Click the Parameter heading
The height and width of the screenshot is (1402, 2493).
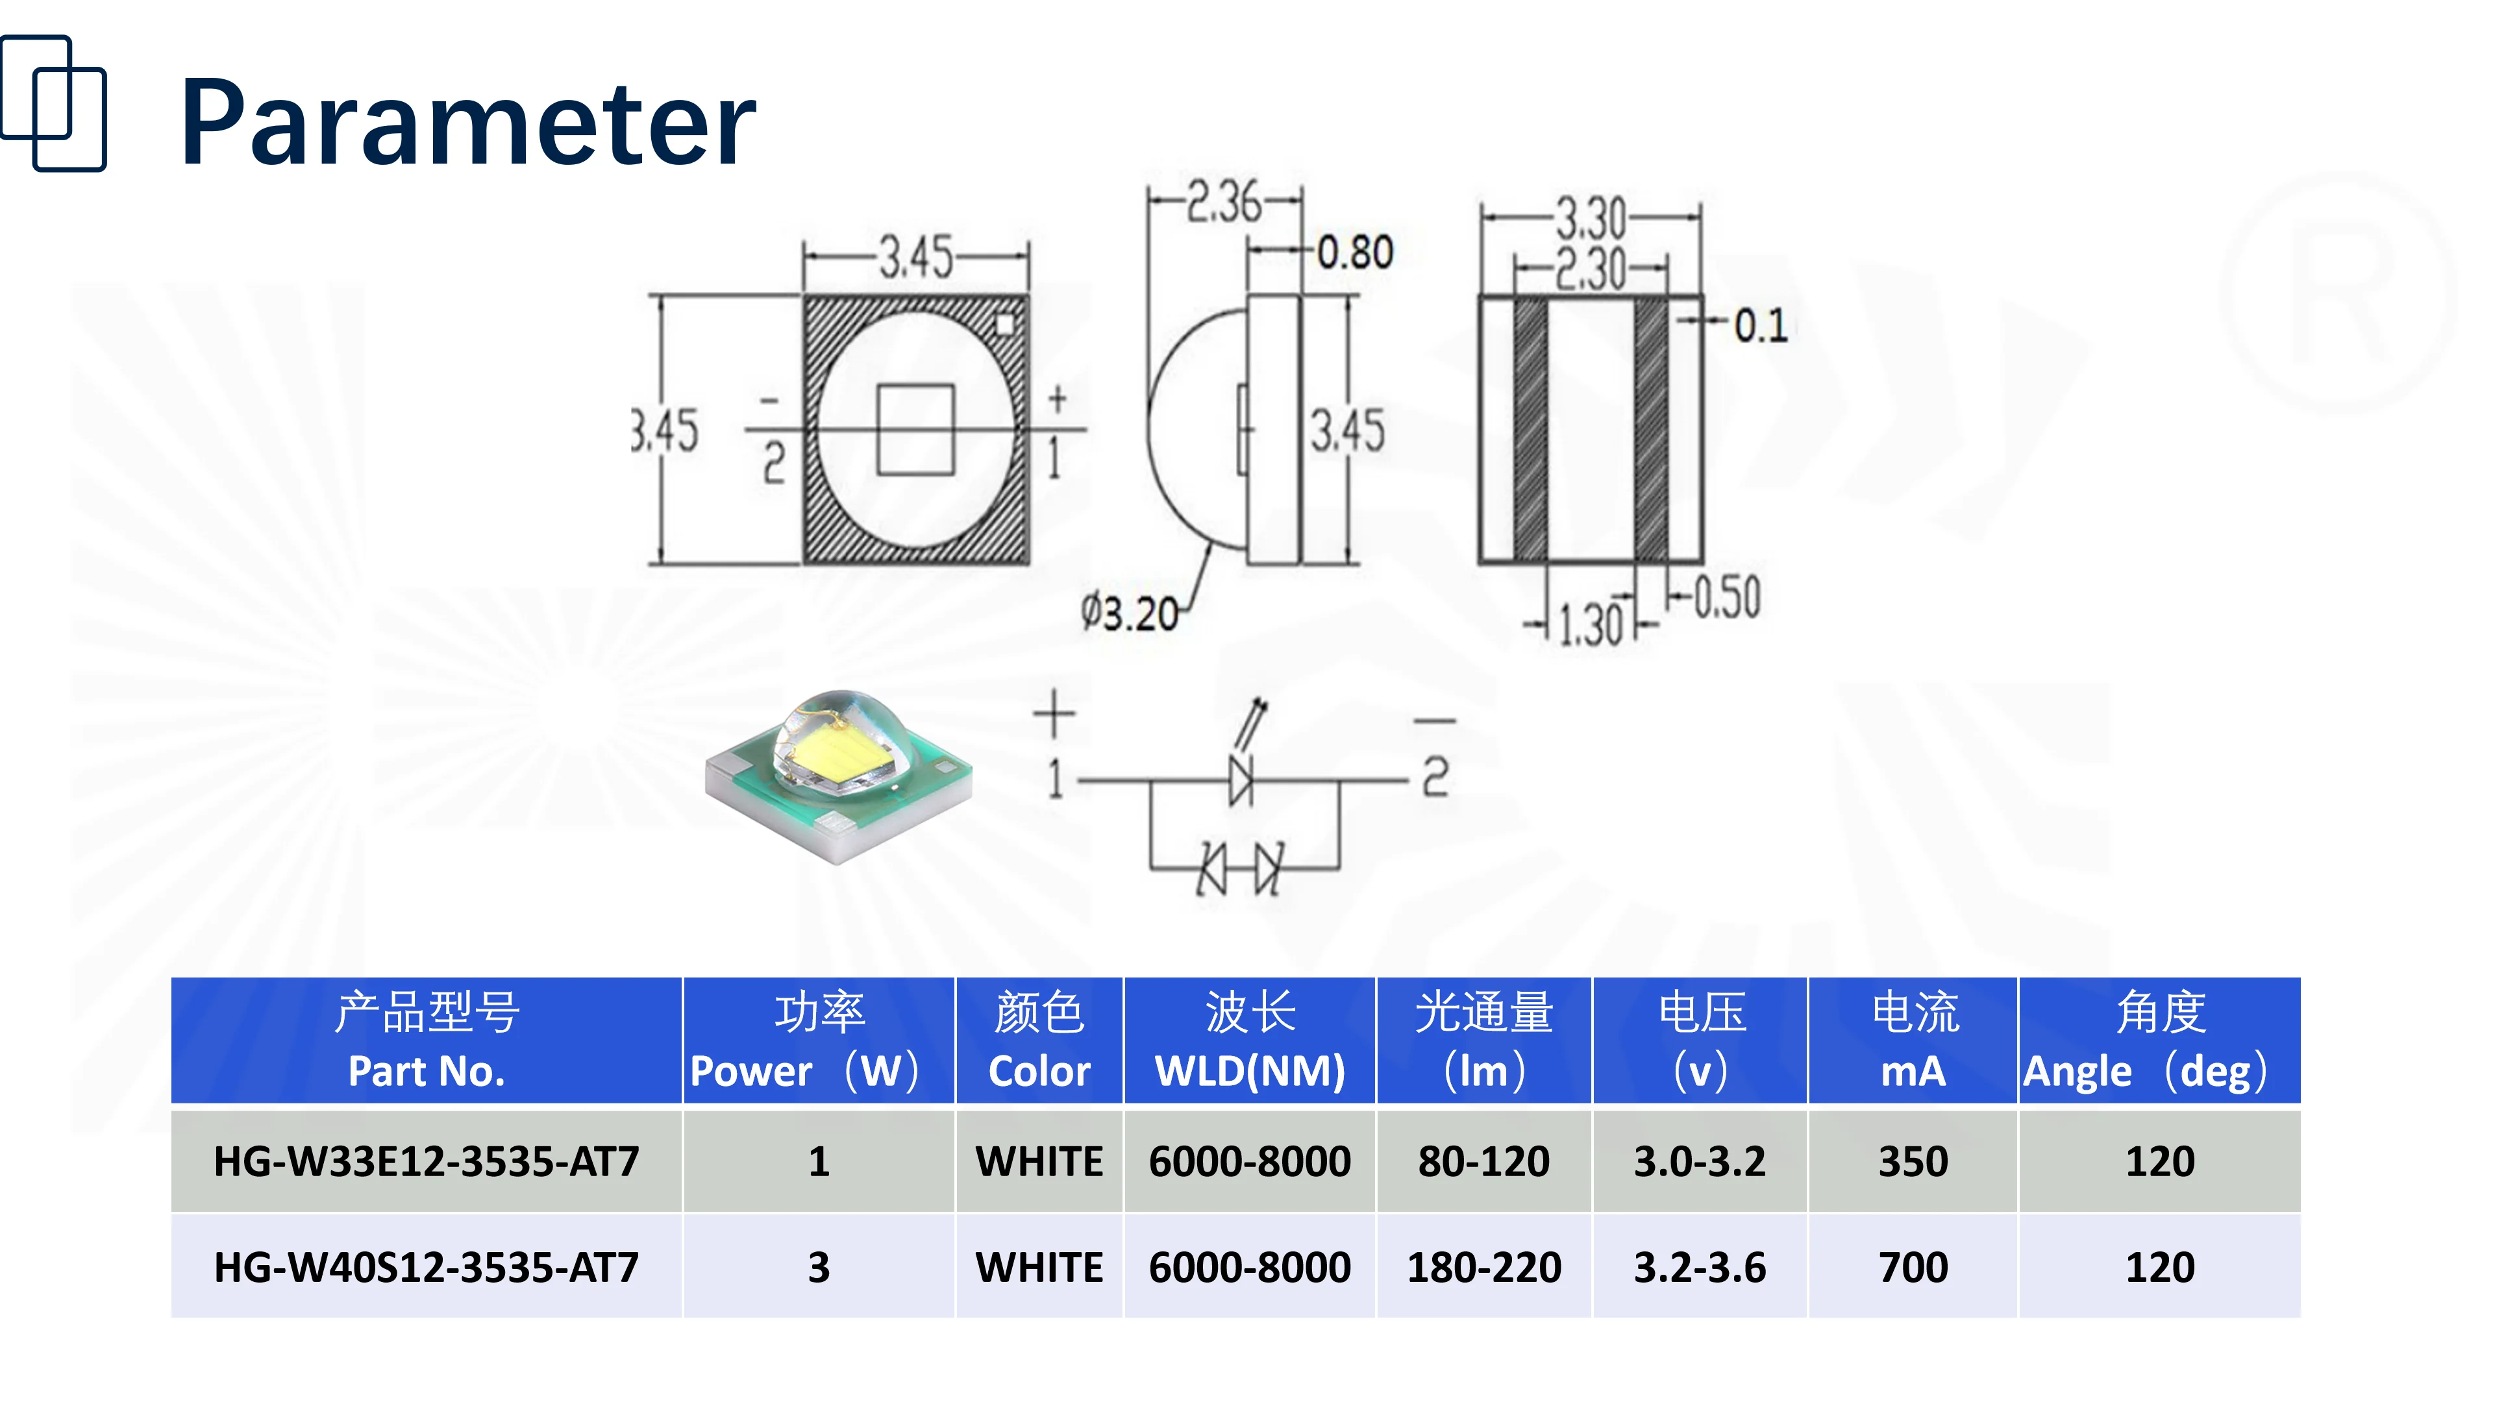467,124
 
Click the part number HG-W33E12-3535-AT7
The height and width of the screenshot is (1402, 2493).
426,1161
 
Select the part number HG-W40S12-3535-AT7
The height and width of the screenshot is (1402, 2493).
426,1268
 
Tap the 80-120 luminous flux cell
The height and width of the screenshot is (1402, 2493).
1483,1161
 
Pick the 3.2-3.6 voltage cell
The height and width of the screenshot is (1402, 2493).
1700,1268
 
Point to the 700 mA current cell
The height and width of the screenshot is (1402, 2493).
1913,1268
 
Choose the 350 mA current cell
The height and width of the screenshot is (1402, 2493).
1913,1161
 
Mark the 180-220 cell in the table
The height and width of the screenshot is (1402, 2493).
1483,1268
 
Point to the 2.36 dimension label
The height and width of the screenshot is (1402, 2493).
1224,203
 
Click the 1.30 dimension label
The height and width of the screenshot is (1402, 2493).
1590,624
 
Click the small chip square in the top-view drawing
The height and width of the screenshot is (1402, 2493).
915,430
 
